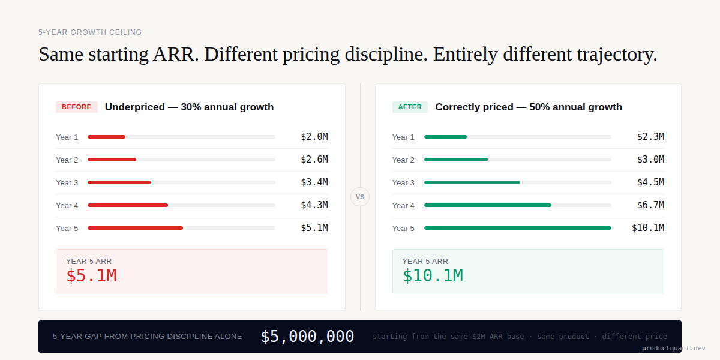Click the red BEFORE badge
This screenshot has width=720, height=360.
click(76, 107)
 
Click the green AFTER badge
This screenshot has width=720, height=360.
click(410, 107)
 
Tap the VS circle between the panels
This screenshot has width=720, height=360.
click(360, 197)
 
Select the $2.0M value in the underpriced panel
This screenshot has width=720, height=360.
click(314, 137)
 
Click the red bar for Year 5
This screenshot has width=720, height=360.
click(135, 228)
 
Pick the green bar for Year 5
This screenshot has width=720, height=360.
click(517, 228)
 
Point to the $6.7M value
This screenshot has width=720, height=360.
click(650, 205)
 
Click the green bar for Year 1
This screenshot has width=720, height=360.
click(445, 137)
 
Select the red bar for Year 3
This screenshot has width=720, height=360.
click(119, 182)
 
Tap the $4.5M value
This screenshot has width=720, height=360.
click(650, 182)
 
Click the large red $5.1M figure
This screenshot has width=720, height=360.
click(91, 275)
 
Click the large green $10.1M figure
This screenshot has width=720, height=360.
click(433, 275)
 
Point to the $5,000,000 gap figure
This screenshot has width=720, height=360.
click(307, 337)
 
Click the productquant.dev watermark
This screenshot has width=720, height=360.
click(673, 348)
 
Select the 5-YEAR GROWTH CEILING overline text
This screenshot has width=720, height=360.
click(90, 32)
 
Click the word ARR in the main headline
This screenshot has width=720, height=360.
click(175, 54)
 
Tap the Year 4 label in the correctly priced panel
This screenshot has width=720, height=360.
click(403, 205)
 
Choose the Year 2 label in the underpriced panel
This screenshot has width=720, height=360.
click(67, 160)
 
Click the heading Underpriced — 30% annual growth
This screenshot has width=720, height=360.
click(189, 107)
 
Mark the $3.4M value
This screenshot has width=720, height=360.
click(314, 182)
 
